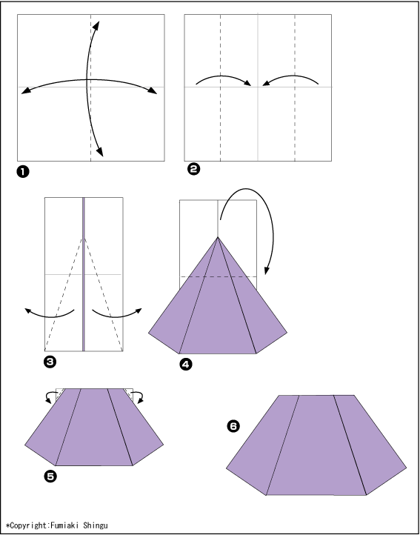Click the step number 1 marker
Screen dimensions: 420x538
pyautogui.click(x=23, y=172)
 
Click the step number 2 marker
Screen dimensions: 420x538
pyautogui.click(x=194, y=169)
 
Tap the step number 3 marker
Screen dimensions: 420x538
pyautogui.click(x=50, y=362)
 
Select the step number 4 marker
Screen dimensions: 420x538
pyautogui.click(x=186, y=365)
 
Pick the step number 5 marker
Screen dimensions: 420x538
pyautogui.click(x=50, y=476)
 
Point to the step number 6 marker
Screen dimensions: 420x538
pyautogui.click(x=233, y=427)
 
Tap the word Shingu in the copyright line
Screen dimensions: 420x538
pyautogui.click(x=96, y=526)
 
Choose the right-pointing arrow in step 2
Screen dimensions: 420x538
pyautogui.click(x=222, y=77)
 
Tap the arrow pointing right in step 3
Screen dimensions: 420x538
pyautogui.click(x=116, y=316)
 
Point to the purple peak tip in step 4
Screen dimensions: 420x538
pyautogui.click(x=218, y=237)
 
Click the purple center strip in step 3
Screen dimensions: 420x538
pyautogui.click(x=83, y=274)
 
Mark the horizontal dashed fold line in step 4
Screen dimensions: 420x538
pyautogui.click(x=219, y=276)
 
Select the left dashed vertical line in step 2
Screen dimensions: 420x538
pyautogui.click(x=221, y=87)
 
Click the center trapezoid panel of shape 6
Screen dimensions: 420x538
pyautogui.click(x=316, y=445)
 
